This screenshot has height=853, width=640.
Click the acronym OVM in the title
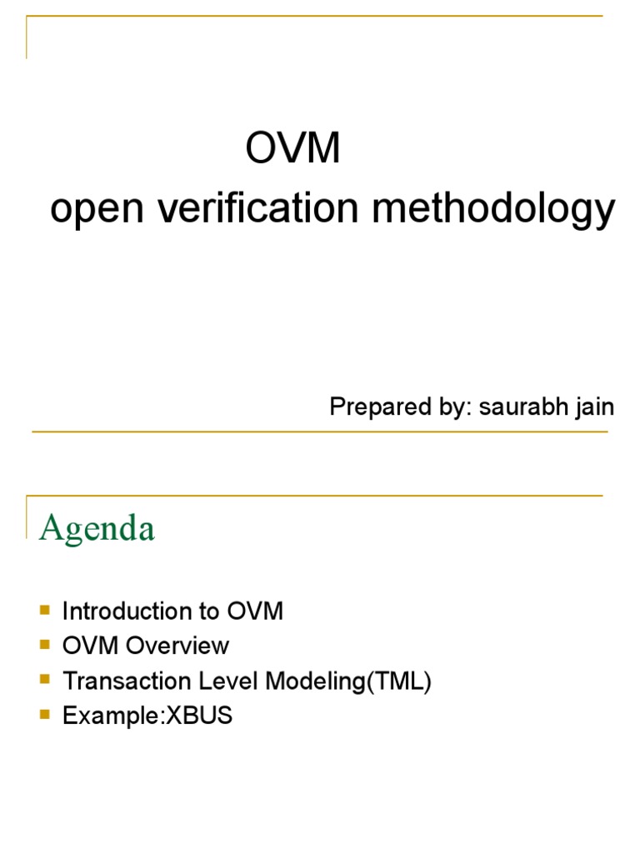pyautogui.click(x=293, y=150)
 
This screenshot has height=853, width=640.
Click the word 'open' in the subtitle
pyautogui.click(x=91, y=212)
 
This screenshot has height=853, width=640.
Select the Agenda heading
pyautogui.click(x=97, y=528)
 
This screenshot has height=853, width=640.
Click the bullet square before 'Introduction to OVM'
pyautogui.click(x=45, y=610)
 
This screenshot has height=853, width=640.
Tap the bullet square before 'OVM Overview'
pyautogui.click(x=45, y=645)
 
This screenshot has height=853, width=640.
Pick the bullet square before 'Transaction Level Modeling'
pyautogui.click(x=45, y=680)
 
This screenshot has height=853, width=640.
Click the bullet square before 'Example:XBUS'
pyautogui.click(x=45, y=715)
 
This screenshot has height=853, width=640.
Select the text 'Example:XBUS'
pyautogui.click(x=147, y=716)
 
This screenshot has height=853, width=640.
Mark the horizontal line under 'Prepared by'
pyautogui.click(x=320, y=431)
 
